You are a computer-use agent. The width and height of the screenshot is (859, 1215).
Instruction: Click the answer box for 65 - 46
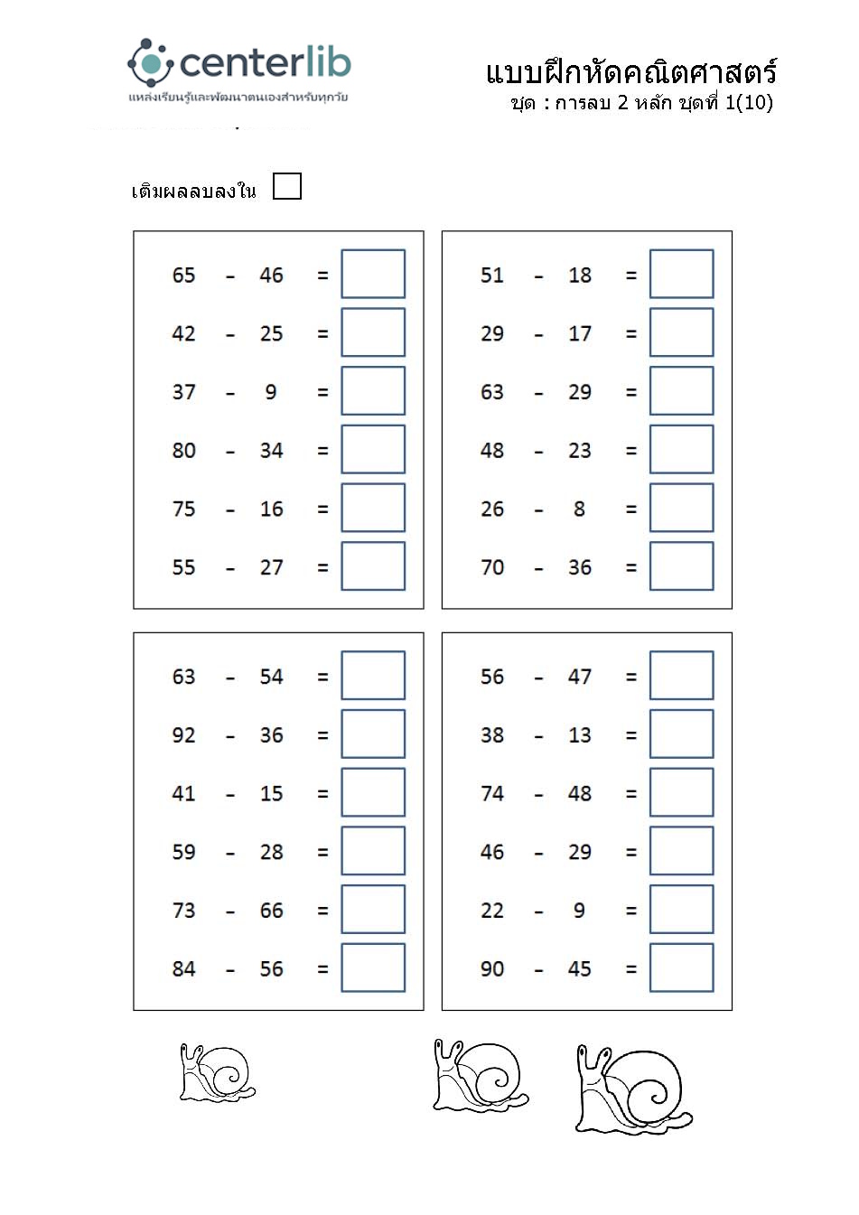tap(372, 274)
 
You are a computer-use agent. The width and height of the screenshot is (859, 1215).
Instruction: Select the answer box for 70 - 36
tap(681, 566)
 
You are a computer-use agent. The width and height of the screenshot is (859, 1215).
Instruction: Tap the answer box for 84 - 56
tap(372, 967)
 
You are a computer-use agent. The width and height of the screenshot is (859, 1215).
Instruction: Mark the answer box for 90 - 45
tap(681, 967)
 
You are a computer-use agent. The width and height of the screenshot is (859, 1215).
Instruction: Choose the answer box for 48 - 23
tap(681, 450)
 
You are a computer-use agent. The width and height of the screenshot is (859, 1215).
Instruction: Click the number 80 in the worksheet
tap(183, 450)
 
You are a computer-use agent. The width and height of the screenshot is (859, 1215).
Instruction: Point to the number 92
tap(183, 735)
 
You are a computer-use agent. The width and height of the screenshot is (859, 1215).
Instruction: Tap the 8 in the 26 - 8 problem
tap(579, 509)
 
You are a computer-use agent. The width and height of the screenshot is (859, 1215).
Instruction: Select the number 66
tap(271, 911)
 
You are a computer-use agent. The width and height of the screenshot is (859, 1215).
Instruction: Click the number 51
tap(491, 275)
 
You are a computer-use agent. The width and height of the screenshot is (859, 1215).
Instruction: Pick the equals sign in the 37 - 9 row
tap(322, 393)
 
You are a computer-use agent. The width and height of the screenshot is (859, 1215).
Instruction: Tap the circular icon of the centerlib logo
tap(149, 62)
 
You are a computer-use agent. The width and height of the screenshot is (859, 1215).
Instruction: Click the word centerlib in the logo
tap(265, 63)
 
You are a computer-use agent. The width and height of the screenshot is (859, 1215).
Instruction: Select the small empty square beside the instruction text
tap(286, 186)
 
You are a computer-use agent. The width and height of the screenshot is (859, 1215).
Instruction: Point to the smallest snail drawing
tap(217, 1073)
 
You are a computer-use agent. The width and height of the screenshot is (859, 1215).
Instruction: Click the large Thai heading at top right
tap(630, 72)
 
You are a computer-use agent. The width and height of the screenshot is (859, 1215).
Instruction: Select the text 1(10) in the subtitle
tap(749, 102)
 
